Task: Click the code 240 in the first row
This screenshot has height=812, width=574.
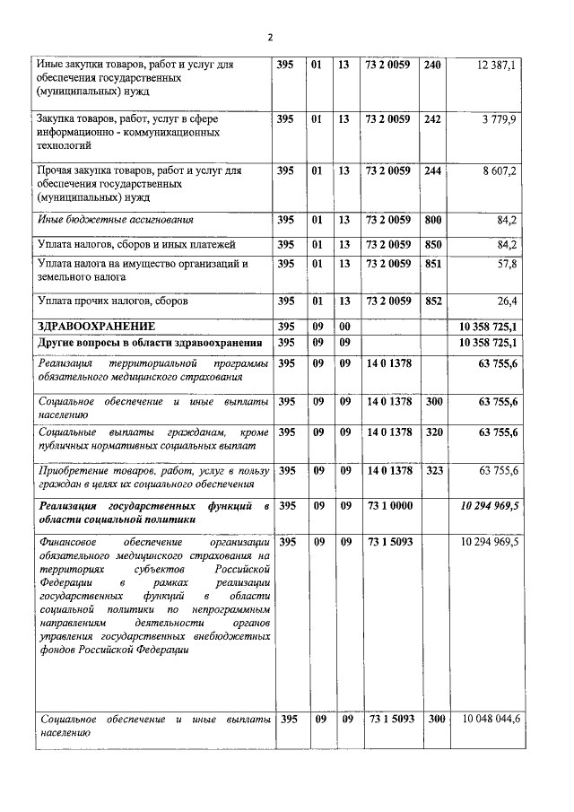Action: [x=431, y=65]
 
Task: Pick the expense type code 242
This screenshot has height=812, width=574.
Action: [x=431, y=118]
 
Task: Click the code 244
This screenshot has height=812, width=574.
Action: [x=431, y=170]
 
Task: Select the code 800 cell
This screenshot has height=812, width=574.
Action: [x=431, y=219]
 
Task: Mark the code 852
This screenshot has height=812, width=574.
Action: [x=431, y=301]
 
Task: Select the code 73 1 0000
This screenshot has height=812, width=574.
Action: [x=389, y=506]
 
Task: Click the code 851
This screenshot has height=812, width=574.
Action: [x=431, y=264]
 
